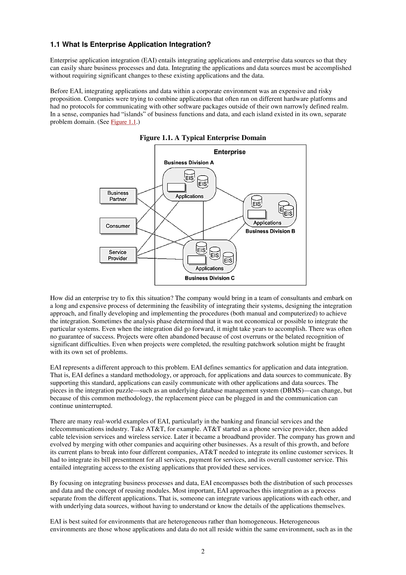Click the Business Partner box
coord(118,196)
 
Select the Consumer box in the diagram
coord(118,226)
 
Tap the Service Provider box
coord(118,255)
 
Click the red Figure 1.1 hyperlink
coord(123,122)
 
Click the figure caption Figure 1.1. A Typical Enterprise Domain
coord(203,138)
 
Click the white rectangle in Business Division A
coord(176,187)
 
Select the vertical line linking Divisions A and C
coord(203,220)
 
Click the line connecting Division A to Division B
coord(230,194)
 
